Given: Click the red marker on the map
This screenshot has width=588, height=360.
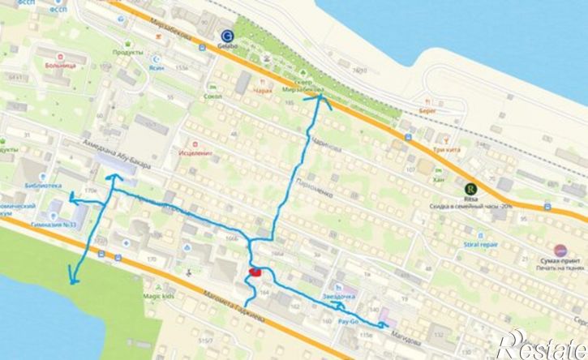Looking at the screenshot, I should coord(255,272).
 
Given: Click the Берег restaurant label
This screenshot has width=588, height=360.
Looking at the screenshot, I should coord(429,108).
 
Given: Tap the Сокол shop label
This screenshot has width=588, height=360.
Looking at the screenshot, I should coord(214,96).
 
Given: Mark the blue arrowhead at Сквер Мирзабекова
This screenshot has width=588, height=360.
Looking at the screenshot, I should coord(320,100).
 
